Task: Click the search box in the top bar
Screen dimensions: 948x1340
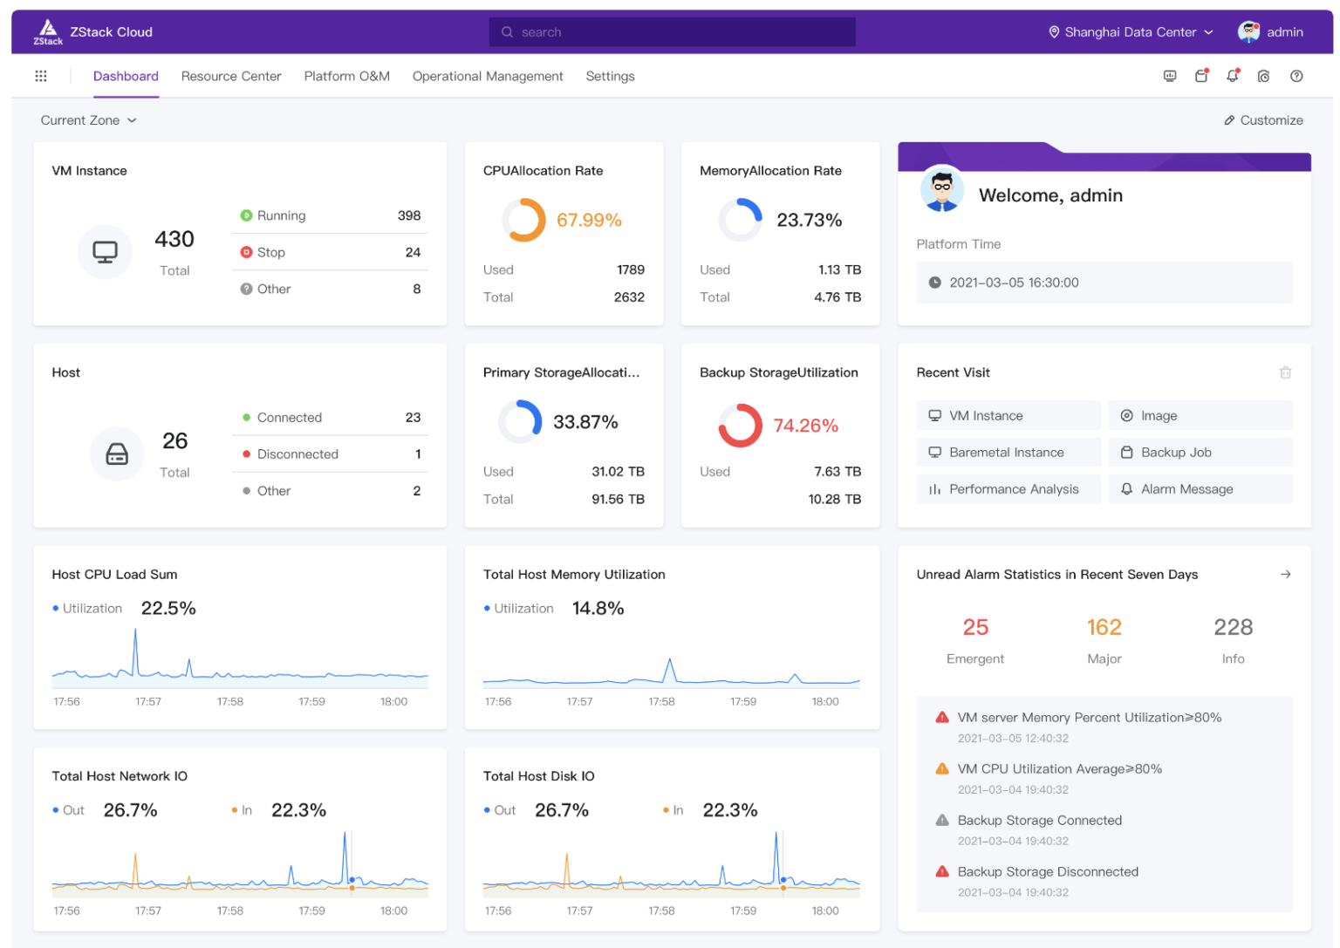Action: point(672,32)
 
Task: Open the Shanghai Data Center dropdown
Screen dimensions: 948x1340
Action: point(1130,32)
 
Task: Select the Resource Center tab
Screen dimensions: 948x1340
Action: point(231,77)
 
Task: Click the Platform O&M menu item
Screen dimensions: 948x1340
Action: point(346,77)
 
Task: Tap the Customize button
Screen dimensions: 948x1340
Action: point(1263,120)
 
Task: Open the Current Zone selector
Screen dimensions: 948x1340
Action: point(88,120)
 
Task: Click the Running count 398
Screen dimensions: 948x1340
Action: point(408,215)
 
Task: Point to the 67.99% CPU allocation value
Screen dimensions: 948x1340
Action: point(589,220)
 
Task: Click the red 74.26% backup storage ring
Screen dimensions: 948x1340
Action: point(740,426)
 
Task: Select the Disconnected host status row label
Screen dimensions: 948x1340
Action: point(297,454)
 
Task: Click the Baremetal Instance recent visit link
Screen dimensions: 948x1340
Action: point(1007,453)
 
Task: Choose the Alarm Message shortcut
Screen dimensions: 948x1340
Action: point(1186,489)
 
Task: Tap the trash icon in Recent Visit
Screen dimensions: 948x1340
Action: point(1285,373)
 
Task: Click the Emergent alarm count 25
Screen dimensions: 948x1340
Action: point(975,628)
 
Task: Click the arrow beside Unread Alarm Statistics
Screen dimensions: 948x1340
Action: point(1285,575)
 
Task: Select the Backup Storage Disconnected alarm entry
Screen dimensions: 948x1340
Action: point(1047,872)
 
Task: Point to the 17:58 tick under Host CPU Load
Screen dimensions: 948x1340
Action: point(230,702)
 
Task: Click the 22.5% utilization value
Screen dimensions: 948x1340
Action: point(168,609)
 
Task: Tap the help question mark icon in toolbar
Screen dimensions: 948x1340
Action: point(1296,77)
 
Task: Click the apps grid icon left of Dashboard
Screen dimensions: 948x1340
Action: point(41,77)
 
